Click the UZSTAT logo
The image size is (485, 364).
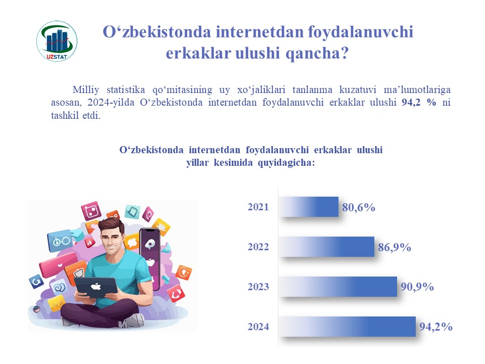point(57,41)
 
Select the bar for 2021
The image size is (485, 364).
point(308,207)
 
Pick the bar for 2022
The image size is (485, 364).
point(326,247)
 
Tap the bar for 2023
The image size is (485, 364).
point(338,287)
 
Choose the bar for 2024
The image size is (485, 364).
point(347,327)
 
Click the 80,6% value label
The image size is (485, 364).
point(359,207)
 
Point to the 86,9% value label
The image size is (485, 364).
point(395,247)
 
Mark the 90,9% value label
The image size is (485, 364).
point(417,287)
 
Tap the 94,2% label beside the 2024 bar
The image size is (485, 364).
point(436,327)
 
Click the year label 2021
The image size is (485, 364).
point(258,207)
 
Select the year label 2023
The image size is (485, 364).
point(258,287)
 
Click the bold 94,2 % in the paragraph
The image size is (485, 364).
point(419,102)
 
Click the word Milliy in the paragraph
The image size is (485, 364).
point(86,90)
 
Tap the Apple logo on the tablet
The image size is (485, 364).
point(96,286)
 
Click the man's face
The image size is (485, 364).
point(111,240)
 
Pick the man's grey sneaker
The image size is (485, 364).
point(132,321)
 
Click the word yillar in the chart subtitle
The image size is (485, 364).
point(198,163)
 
